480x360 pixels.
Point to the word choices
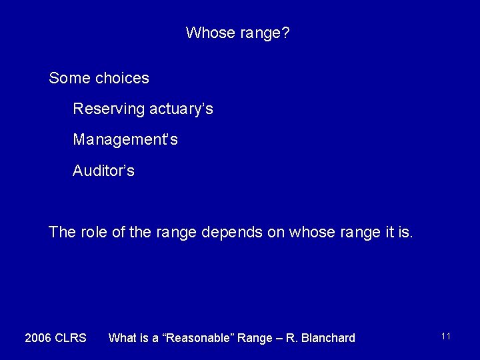pyautogui.click(x=122, y=78)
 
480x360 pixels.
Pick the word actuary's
pyautogui.click(x=181, y=109)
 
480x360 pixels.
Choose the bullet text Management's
pyautogui.click(x=125, y=140)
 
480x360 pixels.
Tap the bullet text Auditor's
pyautogui.click(x=103, y=171)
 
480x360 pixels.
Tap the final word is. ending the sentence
pyautogui.click(x=405, y=233)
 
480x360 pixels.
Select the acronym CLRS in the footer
pyautogui.click(x=71, y=338)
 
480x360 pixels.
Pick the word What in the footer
pyautogui.click(x=123, y=338)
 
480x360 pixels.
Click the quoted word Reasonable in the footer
pyautogui.click(x=200, y=338)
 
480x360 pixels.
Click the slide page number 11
pyautogui.click(x=446, y=337)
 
